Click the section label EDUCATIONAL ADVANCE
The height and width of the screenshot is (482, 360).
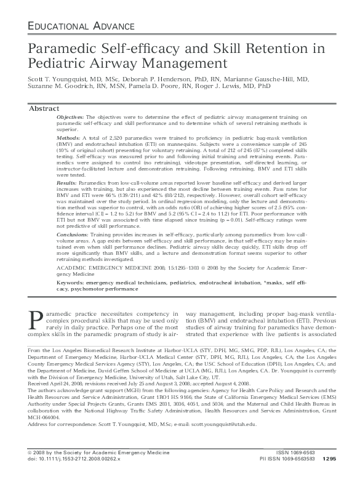(x=81, y=25)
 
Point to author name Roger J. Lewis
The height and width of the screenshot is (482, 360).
(x=224, y=88)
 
